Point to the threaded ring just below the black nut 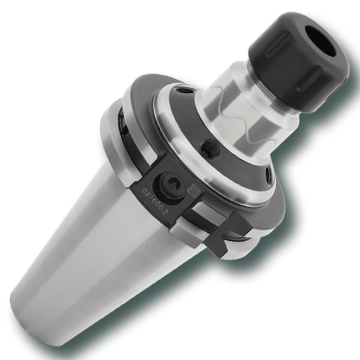point(276,101)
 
